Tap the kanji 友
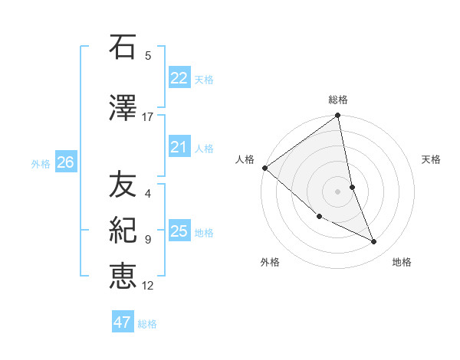pos(123,185)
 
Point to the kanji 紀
pos(123,230)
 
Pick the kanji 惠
pos(123,276)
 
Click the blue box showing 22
pos(179,78)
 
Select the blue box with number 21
pos(179,147)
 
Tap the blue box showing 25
pos(179,231)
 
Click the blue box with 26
pos(65,162)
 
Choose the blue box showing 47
pos(123,322)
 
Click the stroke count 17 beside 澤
pos(148,116)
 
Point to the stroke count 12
pos(148,286)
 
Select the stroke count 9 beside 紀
pos(148,239)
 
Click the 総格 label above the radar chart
pos(338,100)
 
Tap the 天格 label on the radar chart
pos(431,159)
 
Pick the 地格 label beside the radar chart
pos(402,262)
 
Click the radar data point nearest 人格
pos(264,167)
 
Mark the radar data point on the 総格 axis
pos(338,116)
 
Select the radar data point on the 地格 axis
pos(374,242)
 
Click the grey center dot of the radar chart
pos(338,191)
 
